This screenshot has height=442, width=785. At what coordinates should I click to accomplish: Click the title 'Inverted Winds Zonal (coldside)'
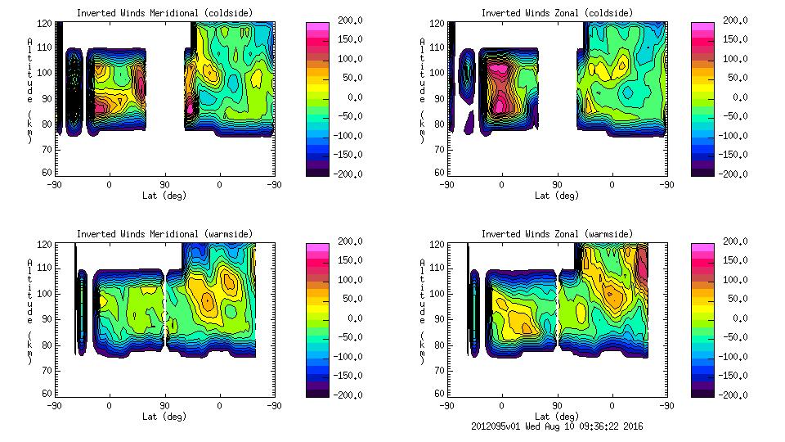click(x=556, y=12)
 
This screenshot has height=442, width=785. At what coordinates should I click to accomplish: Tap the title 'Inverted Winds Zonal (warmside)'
click(x=556, y=234)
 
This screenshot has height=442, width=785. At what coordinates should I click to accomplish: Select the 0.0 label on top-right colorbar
click(x=738, y=97)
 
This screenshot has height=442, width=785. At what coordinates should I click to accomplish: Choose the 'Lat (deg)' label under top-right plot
click(x=556, y=195)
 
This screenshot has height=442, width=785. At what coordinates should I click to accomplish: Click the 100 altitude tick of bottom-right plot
click(x=439, y=293)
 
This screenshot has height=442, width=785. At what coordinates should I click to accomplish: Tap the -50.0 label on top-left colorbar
click(x=346, y=116)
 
